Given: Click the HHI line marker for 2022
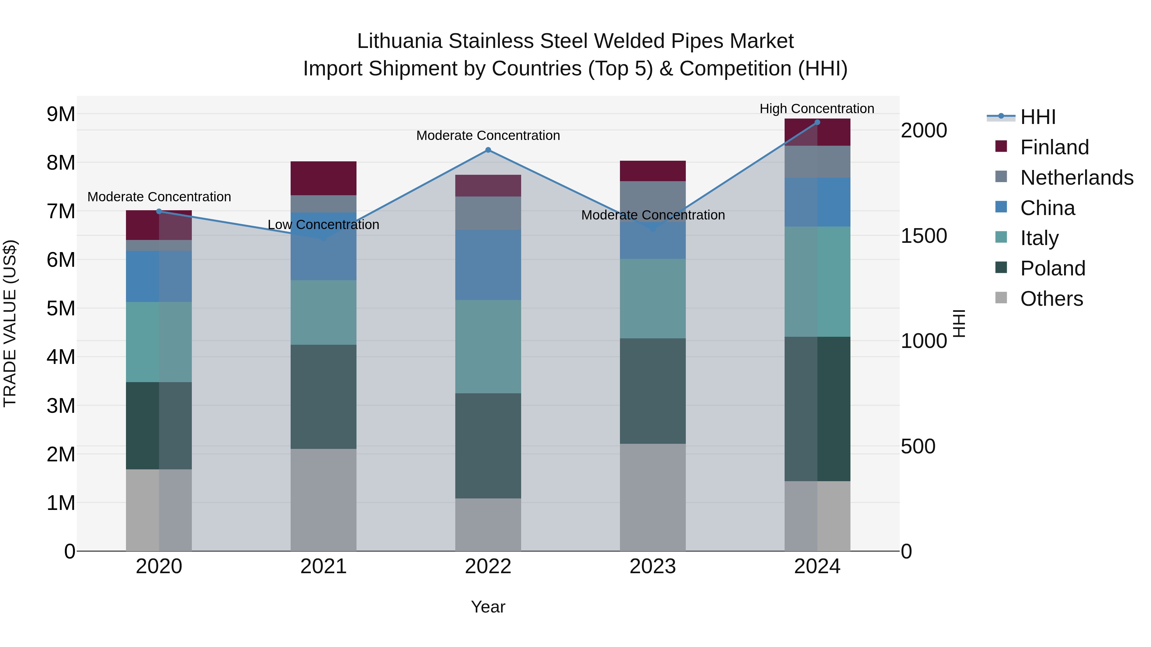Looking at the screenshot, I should (488, 150).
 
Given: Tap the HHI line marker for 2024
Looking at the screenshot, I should (817, 122).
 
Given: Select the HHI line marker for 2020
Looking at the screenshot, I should (159, 212).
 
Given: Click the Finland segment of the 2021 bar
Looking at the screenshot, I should (324, 178).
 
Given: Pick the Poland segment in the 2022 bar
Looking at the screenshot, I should (488, 446).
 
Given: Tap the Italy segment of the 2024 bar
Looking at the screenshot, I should (817, 281).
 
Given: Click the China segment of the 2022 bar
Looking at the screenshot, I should (488, 265).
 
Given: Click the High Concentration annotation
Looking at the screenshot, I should (817, 109).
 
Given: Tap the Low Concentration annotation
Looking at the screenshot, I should (324, 225).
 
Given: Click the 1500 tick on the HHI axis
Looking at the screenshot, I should (924, 236).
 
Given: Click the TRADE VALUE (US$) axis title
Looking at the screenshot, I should (10, 324).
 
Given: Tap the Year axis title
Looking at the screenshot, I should (488, 607).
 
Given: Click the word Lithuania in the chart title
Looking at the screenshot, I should (399, 41).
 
